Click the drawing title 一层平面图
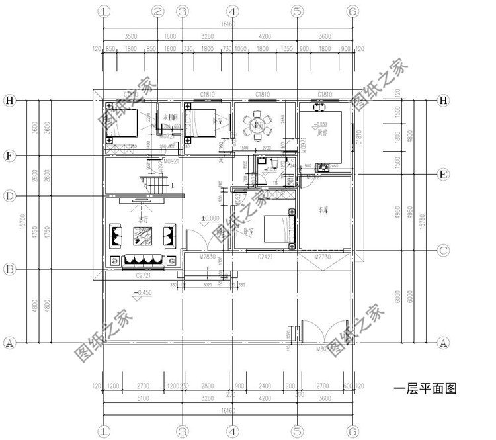point(425,389)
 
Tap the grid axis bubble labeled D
point(9,197)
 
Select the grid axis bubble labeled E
point(444,175)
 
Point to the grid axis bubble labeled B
point(9,269)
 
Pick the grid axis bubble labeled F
point(9,156)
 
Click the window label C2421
point(265,255)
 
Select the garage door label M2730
point(322,255)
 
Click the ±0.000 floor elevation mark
point(210,218)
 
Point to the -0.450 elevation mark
point(143,292)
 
